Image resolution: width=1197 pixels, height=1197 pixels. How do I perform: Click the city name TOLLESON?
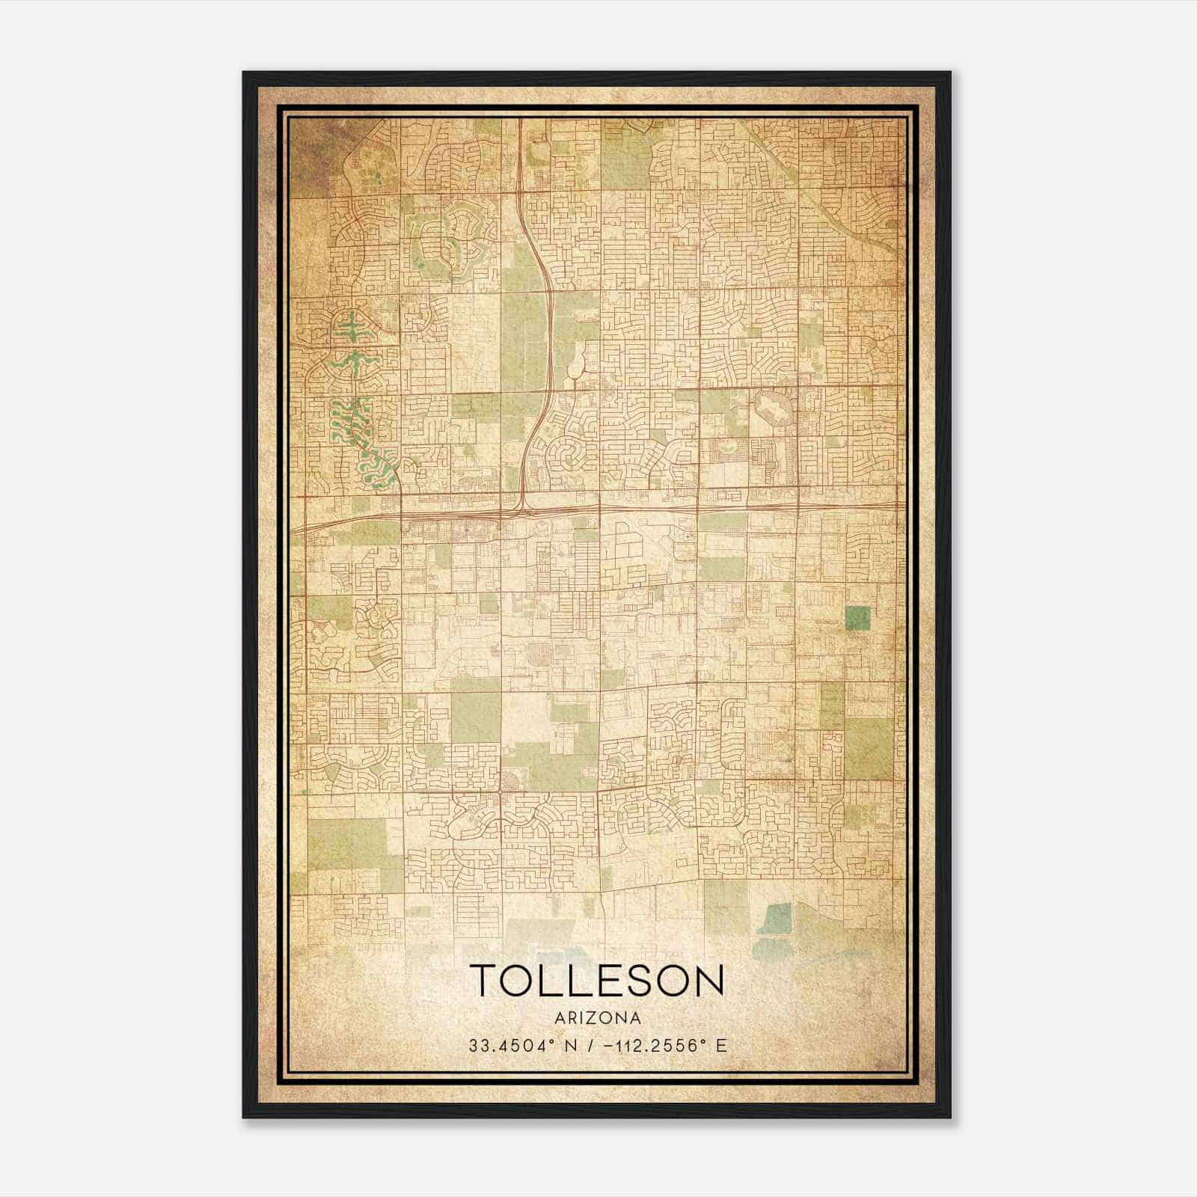coord(597,981)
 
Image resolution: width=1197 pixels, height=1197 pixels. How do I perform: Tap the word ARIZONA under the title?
coord(597,1018)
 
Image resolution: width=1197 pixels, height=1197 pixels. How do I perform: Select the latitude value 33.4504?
coord(509,1045)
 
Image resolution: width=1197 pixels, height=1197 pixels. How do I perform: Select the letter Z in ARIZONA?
coord(590,1018)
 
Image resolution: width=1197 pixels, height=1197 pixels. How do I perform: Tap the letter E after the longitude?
coord(721,1045)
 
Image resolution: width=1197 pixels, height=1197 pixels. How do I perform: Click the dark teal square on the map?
coord(857,619)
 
